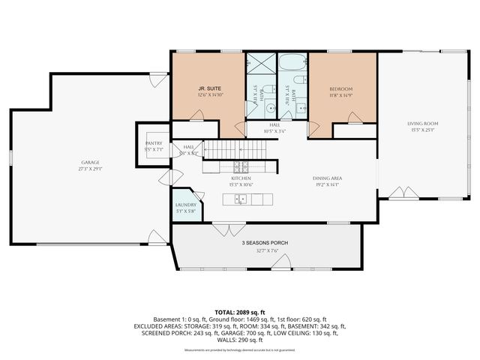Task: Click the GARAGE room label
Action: coord(90,163)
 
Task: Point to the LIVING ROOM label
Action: coord(423,123)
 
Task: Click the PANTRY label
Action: coord(152,145)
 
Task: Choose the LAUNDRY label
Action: coord(185,205)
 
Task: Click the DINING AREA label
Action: coord(327,178)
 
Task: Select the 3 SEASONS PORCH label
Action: coord(264,243)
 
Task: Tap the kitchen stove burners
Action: coord(241,166)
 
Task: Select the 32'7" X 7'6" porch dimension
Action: coord(264,252)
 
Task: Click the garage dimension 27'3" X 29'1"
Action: coord(90,169)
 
